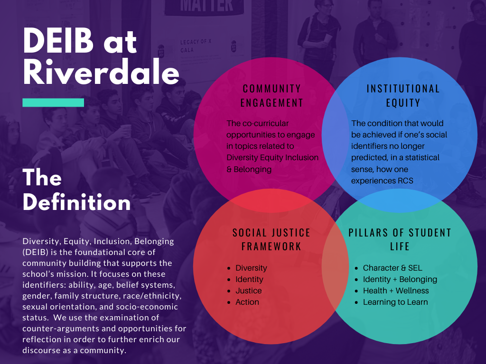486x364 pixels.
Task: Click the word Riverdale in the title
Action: click(x=101, y=72)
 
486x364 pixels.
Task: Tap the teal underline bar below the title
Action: click(x=53, y=102)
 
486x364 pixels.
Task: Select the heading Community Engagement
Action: click(x=272, y=96)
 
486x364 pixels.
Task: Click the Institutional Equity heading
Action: click(x=403, y=96)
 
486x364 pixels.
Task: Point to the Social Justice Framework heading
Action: click(x=271, y=239)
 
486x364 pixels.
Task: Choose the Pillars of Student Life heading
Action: click(x=400, y=239)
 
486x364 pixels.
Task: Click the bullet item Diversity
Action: click(x=251, y=268)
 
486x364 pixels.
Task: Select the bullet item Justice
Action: click(x=249, y=291)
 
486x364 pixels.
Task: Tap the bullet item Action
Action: click(x=247, y=302)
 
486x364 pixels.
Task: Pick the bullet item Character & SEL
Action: click(x=393, y=268)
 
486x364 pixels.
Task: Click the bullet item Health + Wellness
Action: click(x=396, y=291)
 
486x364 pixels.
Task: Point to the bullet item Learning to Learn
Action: click(x=395, y=302)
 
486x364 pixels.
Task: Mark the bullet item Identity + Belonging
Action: click(x=400, y=280)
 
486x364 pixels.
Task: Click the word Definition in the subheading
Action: click(x=76, y=202)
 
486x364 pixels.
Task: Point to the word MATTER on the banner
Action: click(x=206, y=6)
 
